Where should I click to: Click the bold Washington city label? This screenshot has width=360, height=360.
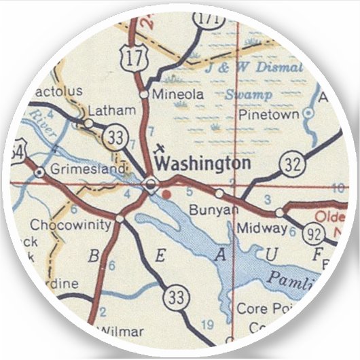pos(202,164)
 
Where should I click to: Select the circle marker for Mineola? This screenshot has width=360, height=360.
pos(144,94)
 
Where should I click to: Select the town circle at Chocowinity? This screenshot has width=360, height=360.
pos(120,219)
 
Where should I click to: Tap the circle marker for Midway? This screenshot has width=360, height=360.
pos(279,213)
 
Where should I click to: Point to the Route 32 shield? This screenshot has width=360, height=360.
pos(289,165)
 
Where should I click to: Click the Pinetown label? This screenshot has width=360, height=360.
pos(267,115)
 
